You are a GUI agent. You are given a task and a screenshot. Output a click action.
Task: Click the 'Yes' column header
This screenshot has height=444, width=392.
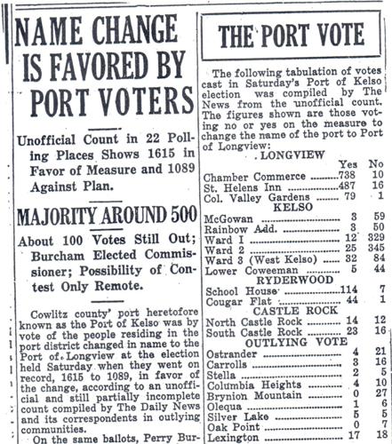pyautogui.click(x=348, y=167)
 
